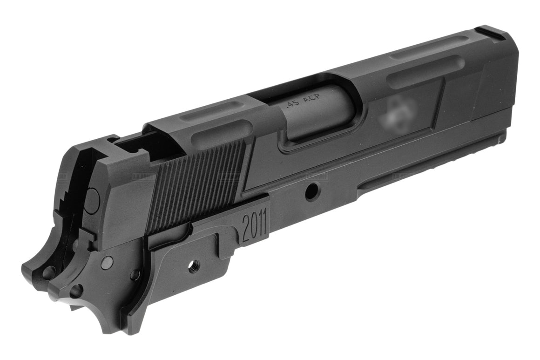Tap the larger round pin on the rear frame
[x=107, y=262]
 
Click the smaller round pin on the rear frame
[x=135, y=275]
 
